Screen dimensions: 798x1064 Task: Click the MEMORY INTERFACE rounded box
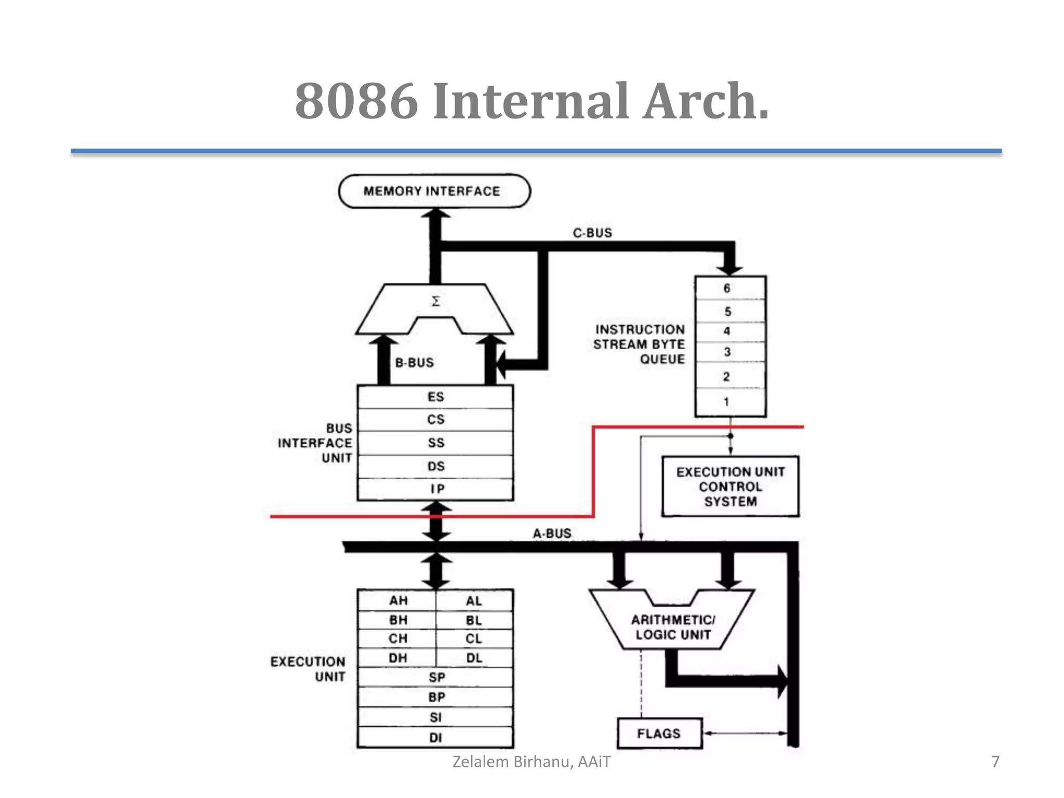click(434, 191)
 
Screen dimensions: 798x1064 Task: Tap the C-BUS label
click(592, 233)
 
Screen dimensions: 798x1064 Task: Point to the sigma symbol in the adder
click(435, 301)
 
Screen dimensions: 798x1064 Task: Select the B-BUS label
click(414, 363)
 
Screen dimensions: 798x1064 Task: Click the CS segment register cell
click(435, 420)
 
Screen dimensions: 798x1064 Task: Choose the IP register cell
click(435, 489)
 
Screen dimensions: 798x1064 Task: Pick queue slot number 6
click(729, 288)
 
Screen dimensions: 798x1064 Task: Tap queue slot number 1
click(729, 402)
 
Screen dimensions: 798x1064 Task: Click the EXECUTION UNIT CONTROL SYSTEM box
click(730, 487)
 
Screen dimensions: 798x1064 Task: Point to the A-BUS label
click(552, 534)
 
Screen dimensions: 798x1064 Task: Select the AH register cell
click(397, 601)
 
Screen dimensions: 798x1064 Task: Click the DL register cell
click(474, 658)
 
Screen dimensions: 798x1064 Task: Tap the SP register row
click(435, 677)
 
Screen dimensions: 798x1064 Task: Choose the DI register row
click(435, 738)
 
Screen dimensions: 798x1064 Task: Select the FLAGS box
click(659, 734)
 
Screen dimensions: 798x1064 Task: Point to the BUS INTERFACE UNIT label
click(315, 443)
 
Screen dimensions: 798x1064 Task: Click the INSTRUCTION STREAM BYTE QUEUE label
click(639, 344)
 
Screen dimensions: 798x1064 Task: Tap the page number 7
click(995, 762)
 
